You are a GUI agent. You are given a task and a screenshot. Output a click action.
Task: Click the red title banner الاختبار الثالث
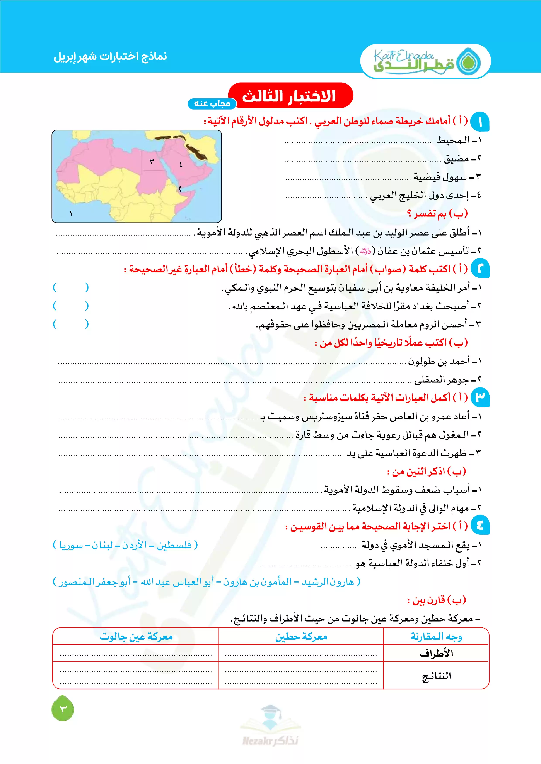(x=290, y=96)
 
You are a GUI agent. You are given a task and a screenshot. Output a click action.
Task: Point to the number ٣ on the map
(x=152, y=161)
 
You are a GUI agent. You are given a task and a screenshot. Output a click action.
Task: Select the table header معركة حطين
(x=301, y=637)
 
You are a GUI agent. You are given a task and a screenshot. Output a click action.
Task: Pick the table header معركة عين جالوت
(x=136, y=637)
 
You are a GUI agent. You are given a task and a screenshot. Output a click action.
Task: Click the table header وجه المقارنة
(x=436, y=637)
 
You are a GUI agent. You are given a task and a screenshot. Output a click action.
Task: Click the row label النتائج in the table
(x=436, y=676)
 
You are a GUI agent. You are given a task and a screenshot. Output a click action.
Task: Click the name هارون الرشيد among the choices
(x=328, y=582)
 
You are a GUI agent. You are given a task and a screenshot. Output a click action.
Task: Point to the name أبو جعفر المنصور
(x=95, y=582)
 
